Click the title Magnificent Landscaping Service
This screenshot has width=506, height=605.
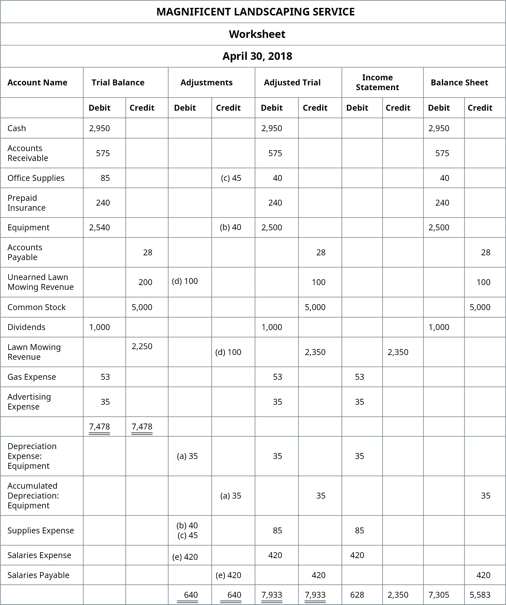coord(255,12)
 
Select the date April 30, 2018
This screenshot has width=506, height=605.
coord(257,56)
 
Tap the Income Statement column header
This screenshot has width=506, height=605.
coord(377,82)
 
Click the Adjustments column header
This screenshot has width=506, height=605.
coord(206,83)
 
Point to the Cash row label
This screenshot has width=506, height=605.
coord(17,128)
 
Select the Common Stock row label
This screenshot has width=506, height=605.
coord(37,307)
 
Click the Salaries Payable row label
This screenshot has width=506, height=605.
coord(38,575)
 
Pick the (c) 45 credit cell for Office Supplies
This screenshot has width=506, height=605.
coord(231,178)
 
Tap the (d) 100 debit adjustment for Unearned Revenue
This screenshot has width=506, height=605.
coord(185,281)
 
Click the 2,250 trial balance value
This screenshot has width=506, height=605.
coord(142,346)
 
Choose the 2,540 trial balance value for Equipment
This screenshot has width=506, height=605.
coord(99,228)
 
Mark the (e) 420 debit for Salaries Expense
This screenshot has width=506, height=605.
coord(185,557)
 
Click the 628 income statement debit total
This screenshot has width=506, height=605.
coord(357,595)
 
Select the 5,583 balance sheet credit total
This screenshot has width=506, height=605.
coord(480,595)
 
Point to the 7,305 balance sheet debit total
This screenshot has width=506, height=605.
coord(439,595)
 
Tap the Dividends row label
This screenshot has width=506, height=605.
coord(26,327)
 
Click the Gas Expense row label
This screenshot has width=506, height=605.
coord(32,377)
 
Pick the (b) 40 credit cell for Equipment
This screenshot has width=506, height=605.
coord(231,227)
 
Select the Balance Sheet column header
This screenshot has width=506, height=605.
coord(459,83)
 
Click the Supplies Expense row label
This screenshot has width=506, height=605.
coord(41,530)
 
